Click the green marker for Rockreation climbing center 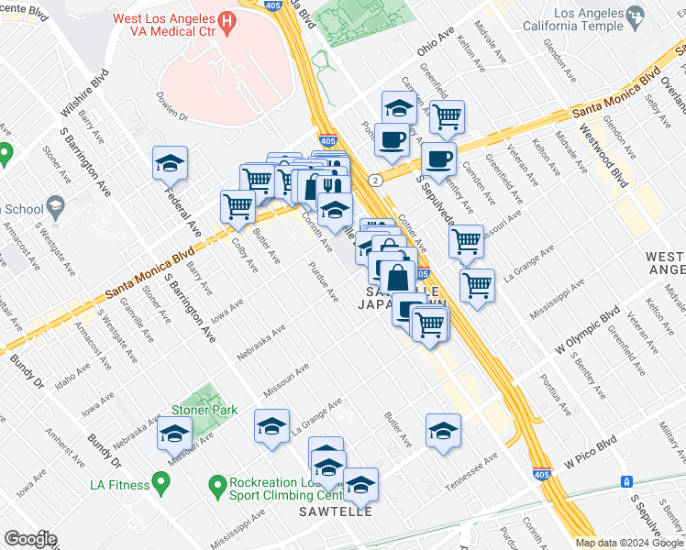[x=217, y=483]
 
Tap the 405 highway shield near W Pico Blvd [x=542, y=475]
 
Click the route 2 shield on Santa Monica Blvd [x=376, y=181]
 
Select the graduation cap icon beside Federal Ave [x=170, y=164]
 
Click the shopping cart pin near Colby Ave [x=238, y=206]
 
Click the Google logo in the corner [x=30, y=539]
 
